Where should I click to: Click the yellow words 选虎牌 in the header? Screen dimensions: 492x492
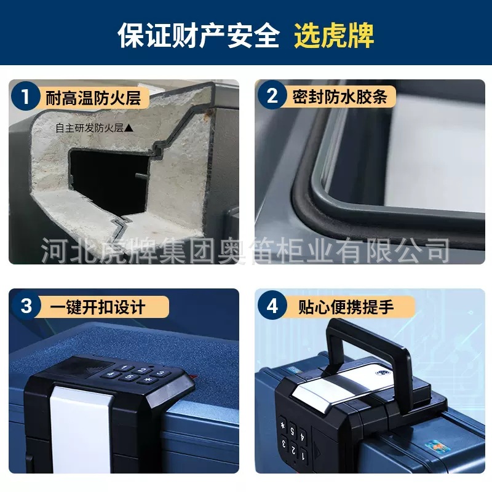tap(334, 36)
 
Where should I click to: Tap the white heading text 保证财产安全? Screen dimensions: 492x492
tap(199, 36)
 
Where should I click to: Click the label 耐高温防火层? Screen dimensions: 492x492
tap(93, 97)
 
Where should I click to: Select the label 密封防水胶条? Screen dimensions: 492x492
tap(339, 97)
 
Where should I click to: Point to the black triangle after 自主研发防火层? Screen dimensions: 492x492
tap(129, 128)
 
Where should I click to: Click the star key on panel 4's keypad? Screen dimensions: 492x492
tap(283, 425)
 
